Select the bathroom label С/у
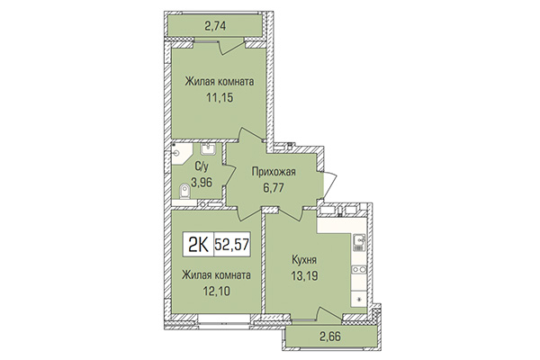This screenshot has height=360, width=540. (202, 166)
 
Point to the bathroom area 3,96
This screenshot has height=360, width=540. (204, 180)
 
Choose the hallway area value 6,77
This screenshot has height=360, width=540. (274, 176)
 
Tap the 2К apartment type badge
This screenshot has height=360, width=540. (199, 241)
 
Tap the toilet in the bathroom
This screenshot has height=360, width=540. (184, 190)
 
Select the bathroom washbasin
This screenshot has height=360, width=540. (209, 149)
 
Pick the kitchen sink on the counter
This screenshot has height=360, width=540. (359, 241)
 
